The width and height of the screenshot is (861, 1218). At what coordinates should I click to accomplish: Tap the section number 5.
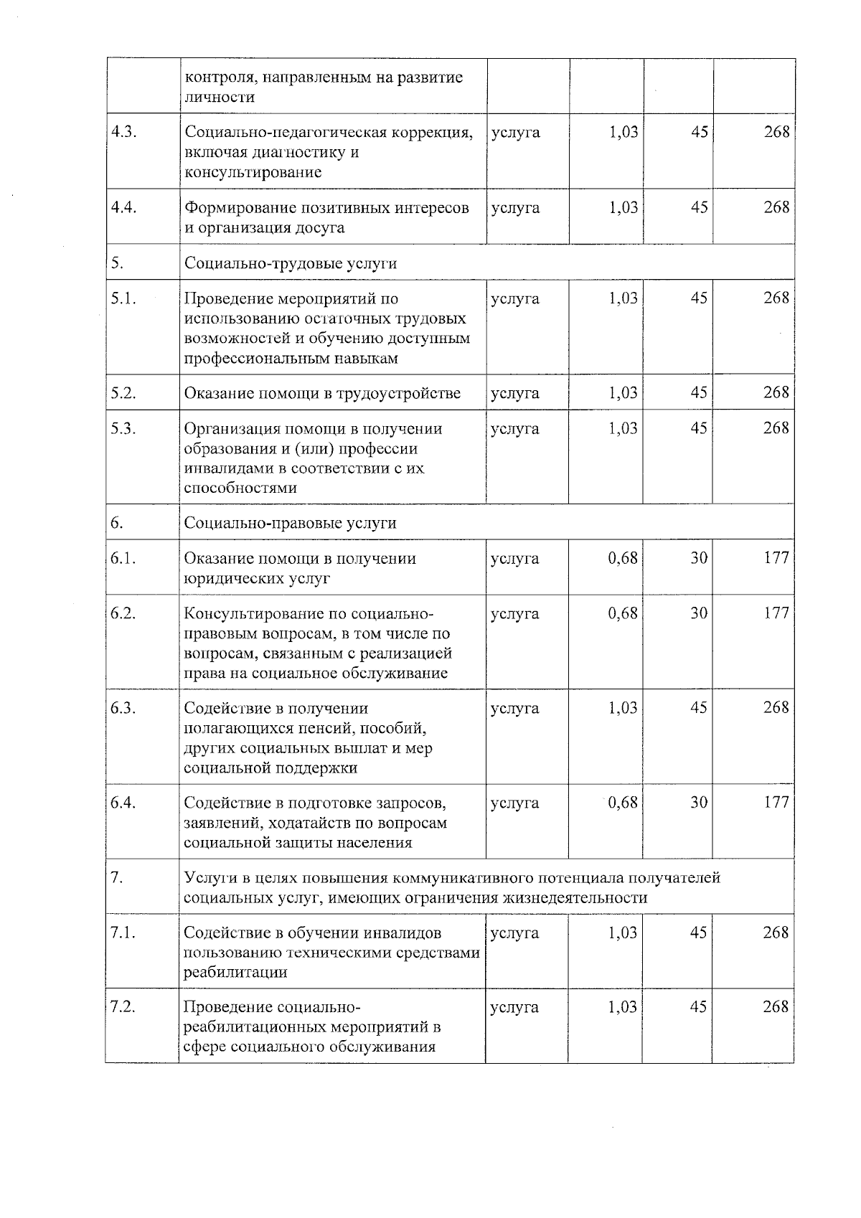pyautogui.click(x=117, y=263)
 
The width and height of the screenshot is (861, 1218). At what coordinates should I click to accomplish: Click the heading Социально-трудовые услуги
pyautogui.click(x=291, y=263)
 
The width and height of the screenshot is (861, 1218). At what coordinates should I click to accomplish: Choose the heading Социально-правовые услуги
pyautogui.click(x=291, y=523)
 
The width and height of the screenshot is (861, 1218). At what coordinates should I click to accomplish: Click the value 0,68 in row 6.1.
pyautogui.click(x=622, y=558)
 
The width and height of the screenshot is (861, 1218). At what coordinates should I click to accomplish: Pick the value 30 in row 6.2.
pyautogui.click(x=699, y=613)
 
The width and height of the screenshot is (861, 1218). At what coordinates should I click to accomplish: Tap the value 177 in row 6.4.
pyautogui.click(x=776, y=803)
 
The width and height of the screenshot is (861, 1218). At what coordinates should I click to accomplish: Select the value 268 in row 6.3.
pyautogui.click(x=776, y=708)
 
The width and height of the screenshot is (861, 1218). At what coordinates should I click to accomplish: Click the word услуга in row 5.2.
pyautogui.click(x=514, y=393)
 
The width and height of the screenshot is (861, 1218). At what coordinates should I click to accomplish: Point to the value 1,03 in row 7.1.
pyautogui.click(x=622, y=933)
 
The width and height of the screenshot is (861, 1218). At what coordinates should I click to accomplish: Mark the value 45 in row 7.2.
pyautogui.click(x=699, y=1007)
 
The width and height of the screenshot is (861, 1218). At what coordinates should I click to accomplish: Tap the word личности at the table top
pyautogui.click(x=220, y=97)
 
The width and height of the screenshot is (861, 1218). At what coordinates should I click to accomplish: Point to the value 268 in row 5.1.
pyautogui.click(x=776, y=298)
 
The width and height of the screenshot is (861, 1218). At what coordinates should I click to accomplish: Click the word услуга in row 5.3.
pyautogui.click(x=514, y=429)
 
